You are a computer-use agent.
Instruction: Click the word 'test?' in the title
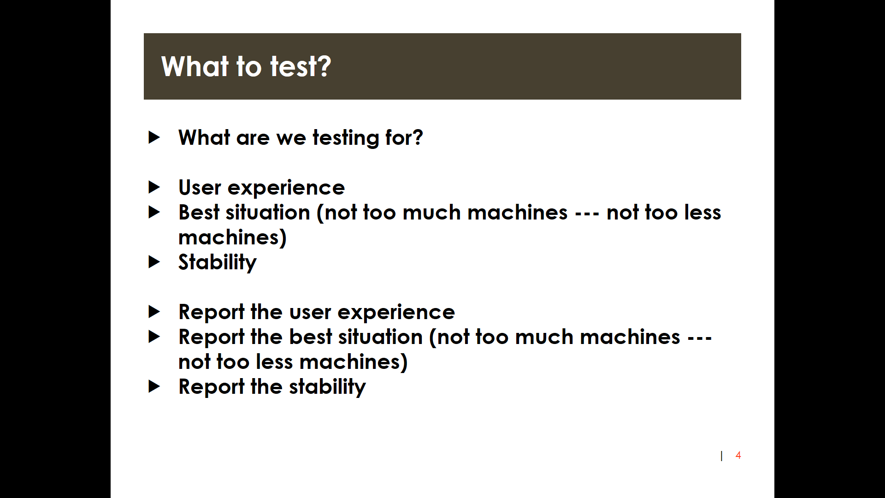tap(300, 66)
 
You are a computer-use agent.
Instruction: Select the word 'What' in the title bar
tap(195, 66)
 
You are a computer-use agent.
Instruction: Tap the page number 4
tap(738, 456)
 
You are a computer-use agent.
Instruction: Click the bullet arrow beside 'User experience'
tap(154, 187)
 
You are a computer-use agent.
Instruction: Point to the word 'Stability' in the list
tap(217, 262)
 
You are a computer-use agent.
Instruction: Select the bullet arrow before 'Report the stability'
tap(154, 386)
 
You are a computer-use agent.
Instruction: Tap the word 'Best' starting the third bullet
tap(199, 212)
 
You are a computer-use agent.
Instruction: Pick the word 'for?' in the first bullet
tap(404, 137)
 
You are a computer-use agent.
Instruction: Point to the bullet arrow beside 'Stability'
tap(154, 262)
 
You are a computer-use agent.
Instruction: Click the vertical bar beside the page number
tap(721, 456)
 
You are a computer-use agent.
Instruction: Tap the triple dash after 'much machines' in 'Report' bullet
tap(700, 338)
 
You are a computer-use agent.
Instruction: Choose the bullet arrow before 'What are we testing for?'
tap(154, 137)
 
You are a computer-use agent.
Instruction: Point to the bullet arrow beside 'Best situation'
tap(154, 212)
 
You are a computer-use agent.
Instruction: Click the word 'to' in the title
tap(249, 67)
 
